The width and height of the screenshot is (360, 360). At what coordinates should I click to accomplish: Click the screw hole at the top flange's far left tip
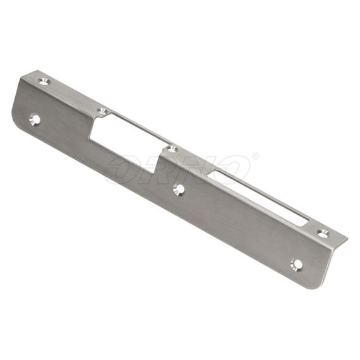[44, 81]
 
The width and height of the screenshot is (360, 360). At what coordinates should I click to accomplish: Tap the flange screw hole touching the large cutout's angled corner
[102, 111]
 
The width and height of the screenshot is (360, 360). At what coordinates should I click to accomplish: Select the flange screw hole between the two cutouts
[172, 150]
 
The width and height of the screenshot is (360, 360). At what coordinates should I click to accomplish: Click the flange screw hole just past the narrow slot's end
[323, 234]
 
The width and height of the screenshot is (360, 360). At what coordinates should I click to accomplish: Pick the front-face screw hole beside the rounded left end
[35, 120]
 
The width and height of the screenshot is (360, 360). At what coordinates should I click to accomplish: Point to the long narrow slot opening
[260, 197]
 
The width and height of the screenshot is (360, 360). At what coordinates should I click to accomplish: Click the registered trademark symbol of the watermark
[256, 156]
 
